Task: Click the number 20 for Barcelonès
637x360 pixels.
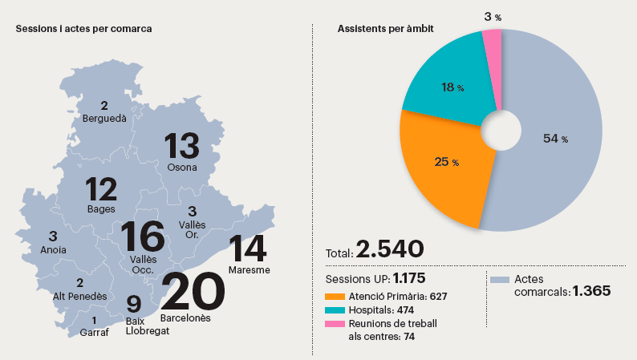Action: [193, 291]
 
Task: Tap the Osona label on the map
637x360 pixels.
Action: [182, 168]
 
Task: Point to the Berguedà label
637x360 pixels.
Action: [104, 119]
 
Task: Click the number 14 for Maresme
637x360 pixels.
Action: [248, 249]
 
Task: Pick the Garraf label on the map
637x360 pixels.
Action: [94, 333]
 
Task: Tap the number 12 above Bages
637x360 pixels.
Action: [101, 190]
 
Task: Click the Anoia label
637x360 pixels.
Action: [52, 249]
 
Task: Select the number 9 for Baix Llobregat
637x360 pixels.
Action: [134, 305]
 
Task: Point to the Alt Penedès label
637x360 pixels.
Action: [80, 297]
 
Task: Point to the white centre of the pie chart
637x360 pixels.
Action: [501, 130]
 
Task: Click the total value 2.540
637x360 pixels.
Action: [390, 249]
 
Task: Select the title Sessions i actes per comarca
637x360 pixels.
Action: [84, 29]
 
